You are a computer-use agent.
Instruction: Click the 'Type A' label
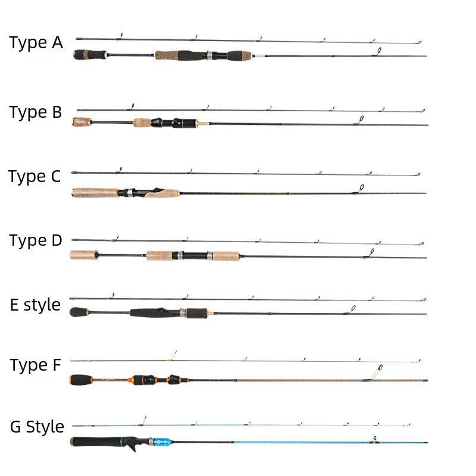pos(36,43)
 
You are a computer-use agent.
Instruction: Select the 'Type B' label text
pos(36,112)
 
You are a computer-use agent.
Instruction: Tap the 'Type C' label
pos(35,177)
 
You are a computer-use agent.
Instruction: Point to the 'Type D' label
pos(36,240)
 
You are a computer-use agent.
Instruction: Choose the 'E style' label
pos(36,305)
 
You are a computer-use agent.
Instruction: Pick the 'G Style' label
pos(37,427)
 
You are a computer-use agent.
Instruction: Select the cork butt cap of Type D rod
pos(84,255)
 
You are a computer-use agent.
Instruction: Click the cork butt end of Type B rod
pos(81,123)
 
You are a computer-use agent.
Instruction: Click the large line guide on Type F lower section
pos(376,372)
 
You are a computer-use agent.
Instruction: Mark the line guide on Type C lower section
pos(359,188)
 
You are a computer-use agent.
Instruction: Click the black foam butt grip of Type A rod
pos(89,54)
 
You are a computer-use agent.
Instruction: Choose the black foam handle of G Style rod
pos(95,443)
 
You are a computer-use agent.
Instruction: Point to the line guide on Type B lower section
pos(358,120)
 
